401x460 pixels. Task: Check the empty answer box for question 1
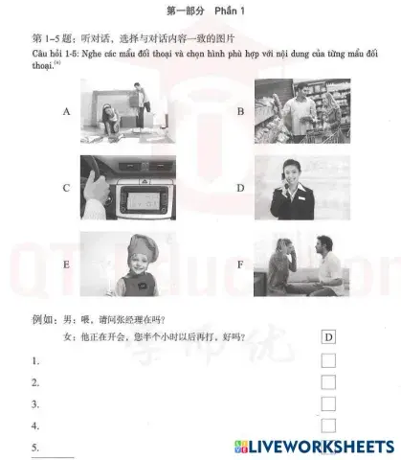[x=328, y=360]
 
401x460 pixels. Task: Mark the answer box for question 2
[x=328, y=382]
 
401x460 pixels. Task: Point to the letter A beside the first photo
[x=67, y=112]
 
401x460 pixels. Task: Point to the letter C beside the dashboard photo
[x=67, y=187]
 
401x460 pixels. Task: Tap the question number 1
[x=34, y=361]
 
